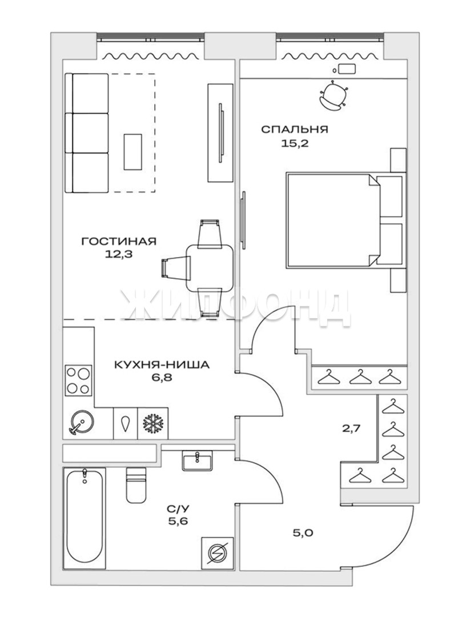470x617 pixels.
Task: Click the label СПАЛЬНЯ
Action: pos(294,129)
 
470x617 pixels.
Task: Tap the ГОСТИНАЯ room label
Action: pos(118,241)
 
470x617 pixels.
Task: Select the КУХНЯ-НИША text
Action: pos(162,364)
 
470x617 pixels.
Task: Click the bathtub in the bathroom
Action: pos(85,518)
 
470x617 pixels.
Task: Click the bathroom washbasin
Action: pos(198,460)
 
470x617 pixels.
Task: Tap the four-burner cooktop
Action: pos(78,379)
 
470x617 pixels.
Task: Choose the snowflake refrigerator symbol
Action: pos(153,423)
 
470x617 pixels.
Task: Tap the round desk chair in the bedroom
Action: pos(334,95)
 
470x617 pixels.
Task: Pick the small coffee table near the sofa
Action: pos(133,151)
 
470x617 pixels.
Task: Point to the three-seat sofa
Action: pos(87,133)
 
